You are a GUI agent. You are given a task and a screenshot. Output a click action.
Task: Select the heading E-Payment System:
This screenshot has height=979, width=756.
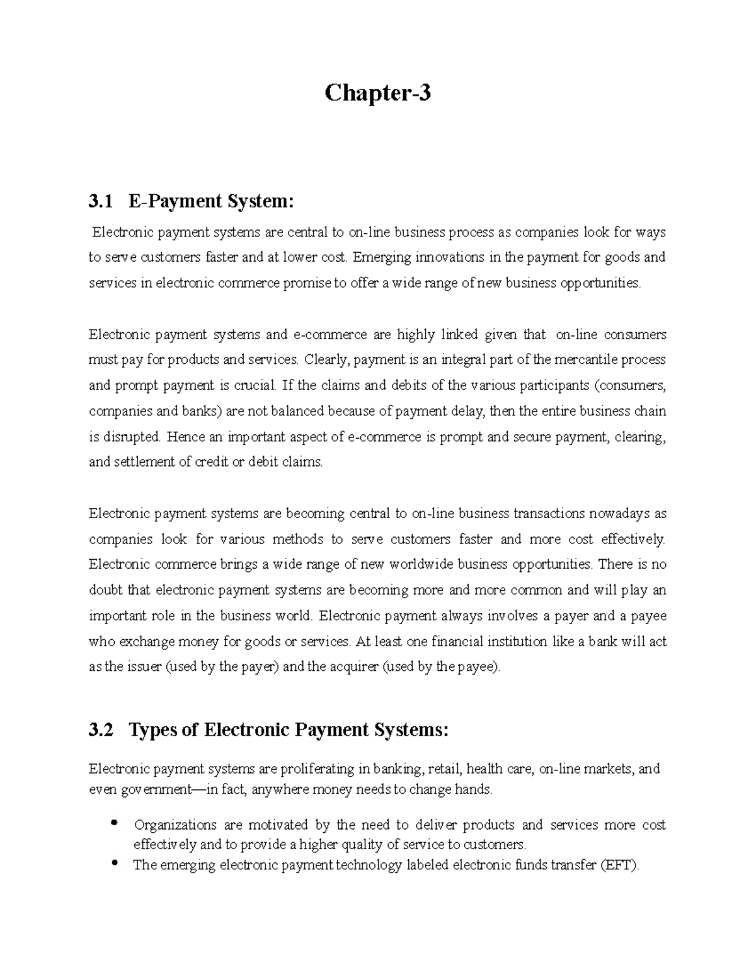pyautogui.click(x=211, y=202)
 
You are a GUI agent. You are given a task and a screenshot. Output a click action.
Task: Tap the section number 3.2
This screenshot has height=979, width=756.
pyautogui.click(x=101, y=730)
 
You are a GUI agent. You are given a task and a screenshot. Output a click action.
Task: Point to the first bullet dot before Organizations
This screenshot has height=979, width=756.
pyautogui.click(x=114, y=823)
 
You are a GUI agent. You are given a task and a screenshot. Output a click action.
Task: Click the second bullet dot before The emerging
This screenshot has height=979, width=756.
pyautogui.click(x=114, y=863)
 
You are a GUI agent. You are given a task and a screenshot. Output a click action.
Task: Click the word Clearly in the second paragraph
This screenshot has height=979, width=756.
pyautogui.click(x=326, y=360)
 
